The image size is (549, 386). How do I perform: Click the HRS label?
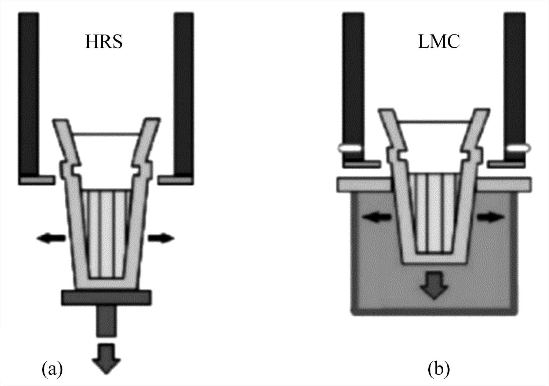click(x=104, y=42)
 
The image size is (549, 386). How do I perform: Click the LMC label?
click(x=439, y=42)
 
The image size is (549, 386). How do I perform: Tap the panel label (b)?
click(x=439, y=370)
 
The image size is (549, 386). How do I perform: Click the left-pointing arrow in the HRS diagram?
click(x=51, y=239)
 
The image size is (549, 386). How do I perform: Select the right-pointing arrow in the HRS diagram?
click(x=161, y=238)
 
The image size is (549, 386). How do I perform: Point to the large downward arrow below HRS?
click(x=106, y=358)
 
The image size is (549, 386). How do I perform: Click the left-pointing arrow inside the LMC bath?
click(x=377, y=217)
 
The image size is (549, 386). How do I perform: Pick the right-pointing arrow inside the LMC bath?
click(x=490, y=217)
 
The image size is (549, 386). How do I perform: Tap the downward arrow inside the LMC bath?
click(x=434, y=284)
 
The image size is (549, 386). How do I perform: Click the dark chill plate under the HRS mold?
click(x=106, y=297)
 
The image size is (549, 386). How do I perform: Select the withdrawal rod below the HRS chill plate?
click(x=107, y=321)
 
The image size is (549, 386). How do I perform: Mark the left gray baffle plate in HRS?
click(x=37, y=180)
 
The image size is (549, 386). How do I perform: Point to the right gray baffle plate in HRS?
click(x=175, y=180)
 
